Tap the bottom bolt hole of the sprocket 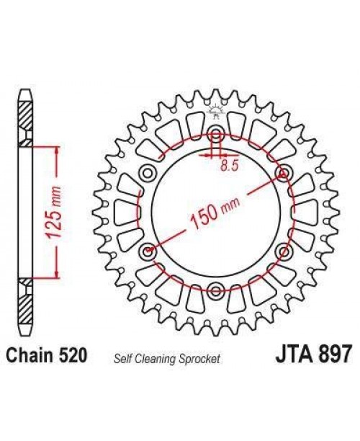pos(216,290)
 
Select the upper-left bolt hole pos(149,174)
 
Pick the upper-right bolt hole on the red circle pos(283,174)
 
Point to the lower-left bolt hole pos(149,251)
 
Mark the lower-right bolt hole pos(283,251)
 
